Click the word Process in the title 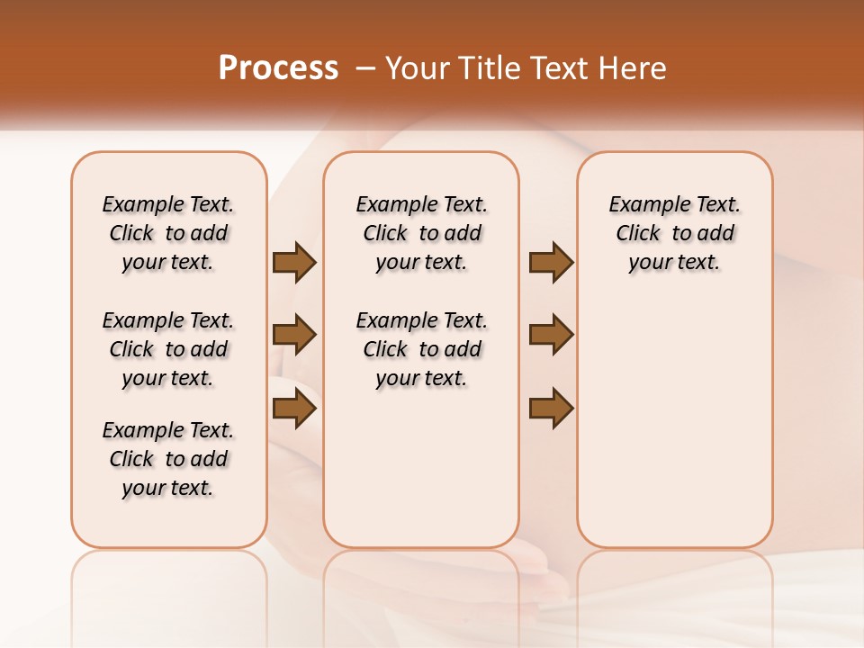coord(278,68)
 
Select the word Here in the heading coord(634,68)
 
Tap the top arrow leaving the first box coord(294,262)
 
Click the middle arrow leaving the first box coord(294,335)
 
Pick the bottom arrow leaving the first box coord(294,409)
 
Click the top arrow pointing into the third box coord(551,262)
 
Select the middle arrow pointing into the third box coord(551,335)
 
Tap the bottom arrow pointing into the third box coord(551,409)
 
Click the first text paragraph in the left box coord(168,233)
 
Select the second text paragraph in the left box coord(168,349)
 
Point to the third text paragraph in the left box coord(168,459)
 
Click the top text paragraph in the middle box coord(421,233)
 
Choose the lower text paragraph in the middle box coord(421,349)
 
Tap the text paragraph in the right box coord(674,233)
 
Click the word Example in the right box coord(642,205)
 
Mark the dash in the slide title coord(365,68)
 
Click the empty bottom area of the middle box coord(421,477)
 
